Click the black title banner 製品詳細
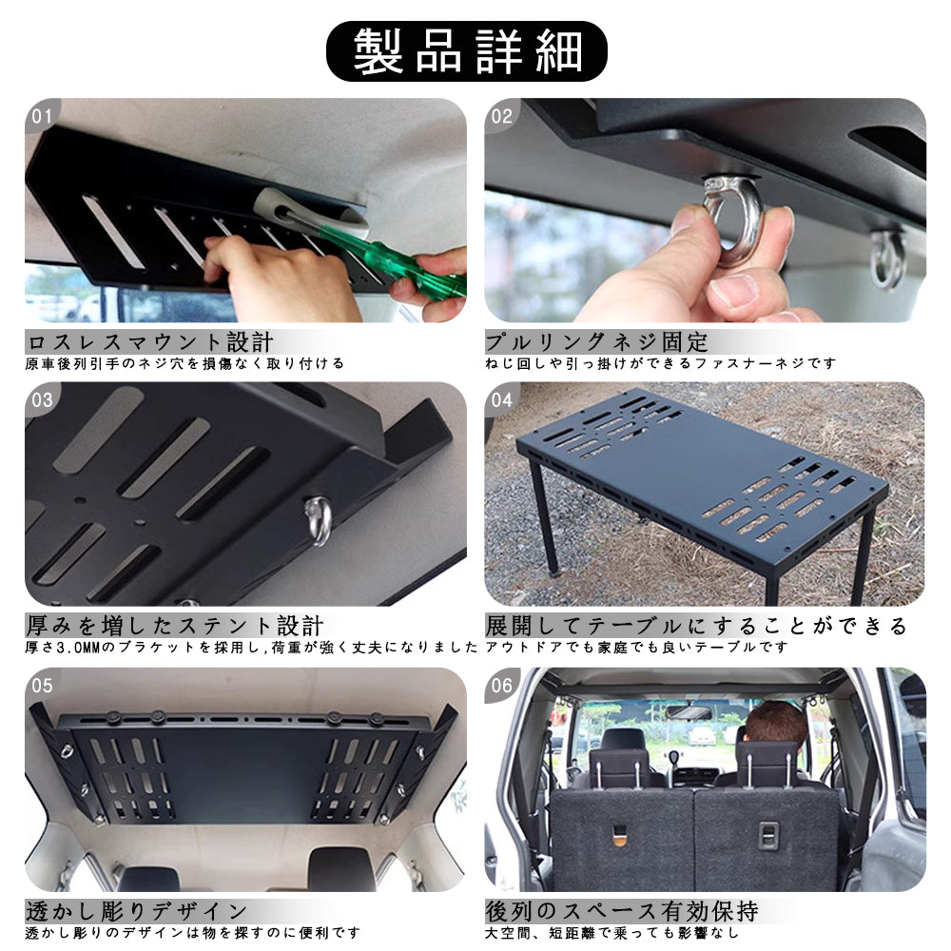[x=466, y=51]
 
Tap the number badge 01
[x=41, y=116]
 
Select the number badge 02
[x=501, y=116]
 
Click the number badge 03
[x=42, y=399]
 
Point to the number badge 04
[x=501, y=399]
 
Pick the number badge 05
[x=42, y=686]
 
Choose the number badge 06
[x=501, y=686]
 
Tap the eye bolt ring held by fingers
[x=732, y=215]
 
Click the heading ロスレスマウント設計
[x=150, y=342]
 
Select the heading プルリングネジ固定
[x=597, y=342]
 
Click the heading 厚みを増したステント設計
[x=175, y=626]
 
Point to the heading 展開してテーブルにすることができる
[x=696, y=626]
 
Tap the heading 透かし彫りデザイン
[x=137, y=911]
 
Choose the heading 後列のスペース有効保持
[x=622, y=911]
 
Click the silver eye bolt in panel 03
[x=320, y=520]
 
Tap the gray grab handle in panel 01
[x=312, y=213]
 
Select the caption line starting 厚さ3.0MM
[x=251, y=648]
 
